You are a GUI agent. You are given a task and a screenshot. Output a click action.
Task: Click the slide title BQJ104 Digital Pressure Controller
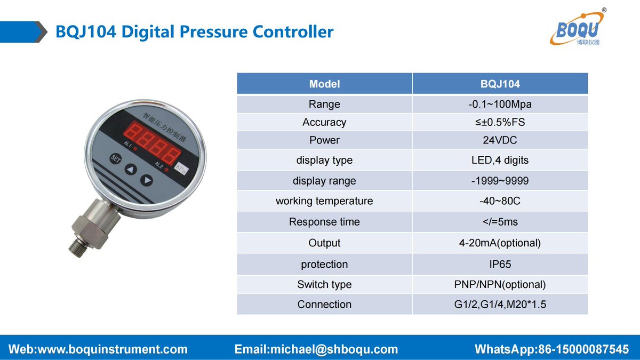click(195, 31)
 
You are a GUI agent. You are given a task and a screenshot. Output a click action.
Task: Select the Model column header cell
click(324, 84)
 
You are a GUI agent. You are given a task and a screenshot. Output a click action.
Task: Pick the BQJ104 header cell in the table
click(500, 84)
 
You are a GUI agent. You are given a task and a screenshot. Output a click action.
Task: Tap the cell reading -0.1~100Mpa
click(500, 104)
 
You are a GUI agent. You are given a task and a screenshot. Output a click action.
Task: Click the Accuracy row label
click(324, 122)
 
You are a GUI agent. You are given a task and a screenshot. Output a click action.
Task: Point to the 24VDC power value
click(500, 140)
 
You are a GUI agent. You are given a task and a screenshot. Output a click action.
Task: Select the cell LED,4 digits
click(500, 160)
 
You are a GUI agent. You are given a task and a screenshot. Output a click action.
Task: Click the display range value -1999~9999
click(500, 181)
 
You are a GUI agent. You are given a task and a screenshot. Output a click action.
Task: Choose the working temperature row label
click(324, 201)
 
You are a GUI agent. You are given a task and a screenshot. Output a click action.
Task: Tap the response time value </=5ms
click(500, 222)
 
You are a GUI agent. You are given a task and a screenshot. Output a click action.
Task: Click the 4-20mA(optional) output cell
click(500, 243)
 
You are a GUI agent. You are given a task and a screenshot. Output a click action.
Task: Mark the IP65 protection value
click(500, 264)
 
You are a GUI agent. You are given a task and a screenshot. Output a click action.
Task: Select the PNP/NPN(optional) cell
click(500, 284)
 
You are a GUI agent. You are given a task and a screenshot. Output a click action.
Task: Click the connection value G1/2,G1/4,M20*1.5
click(500, 305)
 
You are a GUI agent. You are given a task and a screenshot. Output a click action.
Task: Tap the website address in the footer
click(99, 349)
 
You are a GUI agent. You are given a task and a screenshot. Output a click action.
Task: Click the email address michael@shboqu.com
click(316, 349)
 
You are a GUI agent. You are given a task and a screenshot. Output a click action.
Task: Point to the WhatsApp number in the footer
click(551, 349)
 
